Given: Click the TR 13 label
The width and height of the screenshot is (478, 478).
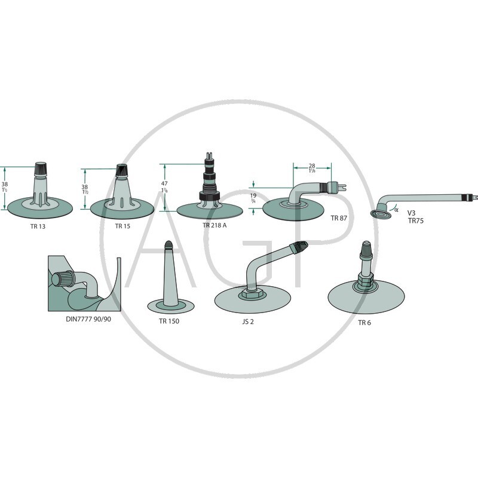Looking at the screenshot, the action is point(38,226).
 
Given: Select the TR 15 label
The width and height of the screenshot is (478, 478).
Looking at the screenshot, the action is point(122,226).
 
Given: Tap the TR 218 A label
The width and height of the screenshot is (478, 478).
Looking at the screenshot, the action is point(215,225).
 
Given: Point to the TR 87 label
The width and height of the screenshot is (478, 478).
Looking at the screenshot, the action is point(339,218).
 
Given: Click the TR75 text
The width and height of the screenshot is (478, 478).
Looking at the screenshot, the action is point(416,220).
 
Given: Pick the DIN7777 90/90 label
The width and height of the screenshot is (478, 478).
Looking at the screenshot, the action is point(88,319).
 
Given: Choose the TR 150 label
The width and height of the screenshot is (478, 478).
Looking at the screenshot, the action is point(169,321).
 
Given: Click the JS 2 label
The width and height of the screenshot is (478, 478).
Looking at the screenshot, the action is point(248,321).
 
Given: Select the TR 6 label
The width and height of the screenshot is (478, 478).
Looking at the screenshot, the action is point(364,323).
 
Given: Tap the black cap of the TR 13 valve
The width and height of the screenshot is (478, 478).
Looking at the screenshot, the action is point(41,169).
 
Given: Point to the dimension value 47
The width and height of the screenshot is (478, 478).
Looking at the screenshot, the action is point(165,183).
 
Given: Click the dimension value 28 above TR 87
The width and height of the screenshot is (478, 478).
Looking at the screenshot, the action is point(312,166).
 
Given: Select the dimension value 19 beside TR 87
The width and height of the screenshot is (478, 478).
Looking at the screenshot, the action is point(253,195).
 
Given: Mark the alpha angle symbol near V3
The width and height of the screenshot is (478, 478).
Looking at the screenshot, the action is point(396,210).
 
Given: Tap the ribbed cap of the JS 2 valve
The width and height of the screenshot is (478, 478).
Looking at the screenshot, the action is point(300,246).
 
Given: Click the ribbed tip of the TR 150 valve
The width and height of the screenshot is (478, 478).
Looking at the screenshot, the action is point(168,244).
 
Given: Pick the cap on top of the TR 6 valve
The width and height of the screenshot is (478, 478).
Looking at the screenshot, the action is point(366,249).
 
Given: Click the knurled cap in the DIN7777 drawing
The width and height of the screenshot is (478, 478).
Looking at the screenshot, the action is point(63,279).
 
